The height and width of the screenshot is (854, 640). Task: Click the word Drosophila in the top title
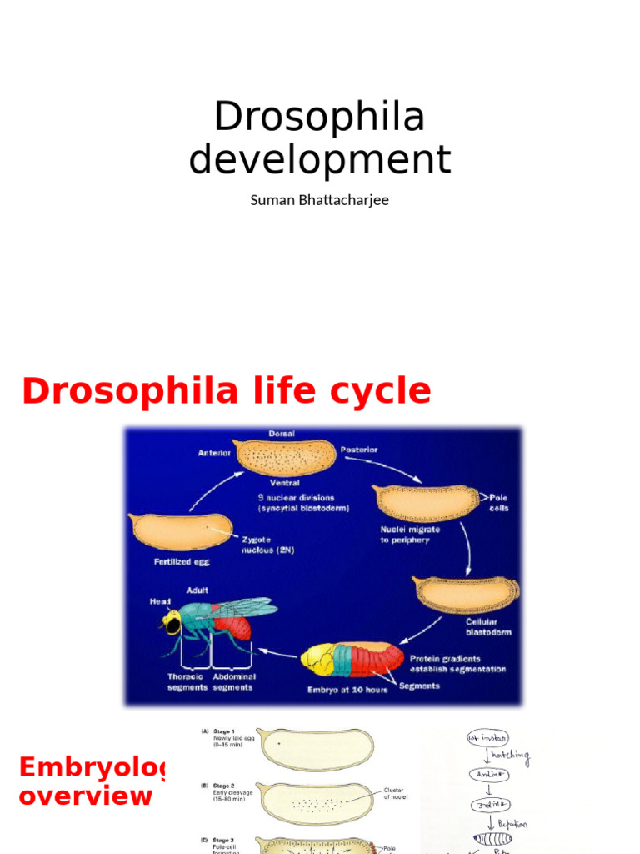[x=319, y=117]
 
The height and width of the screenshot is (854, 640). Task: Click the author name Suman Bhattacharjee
[x=319, y=200]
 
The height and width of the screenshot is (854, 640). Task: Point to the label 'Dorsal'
[x=282, y=434]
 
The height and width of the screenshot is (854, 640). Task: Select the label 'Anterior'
[x=214, y=453]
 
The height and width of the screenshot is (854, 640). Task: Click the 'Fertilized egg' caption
[x=182, y=561]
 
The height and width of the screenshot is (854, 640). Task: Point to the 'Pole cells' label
[x=498, y=502]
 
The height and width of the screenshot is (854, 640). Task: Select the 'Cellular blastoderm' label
[x=488, y=626]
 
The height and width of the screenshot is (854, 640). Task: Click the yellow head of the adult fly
[x=172, y=622]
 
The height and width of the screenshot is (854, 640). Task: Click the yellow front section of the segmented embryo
[x=317, y=658]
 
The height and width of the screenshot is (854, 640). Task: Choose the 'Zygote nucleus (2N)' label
[x=269, y=545]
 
